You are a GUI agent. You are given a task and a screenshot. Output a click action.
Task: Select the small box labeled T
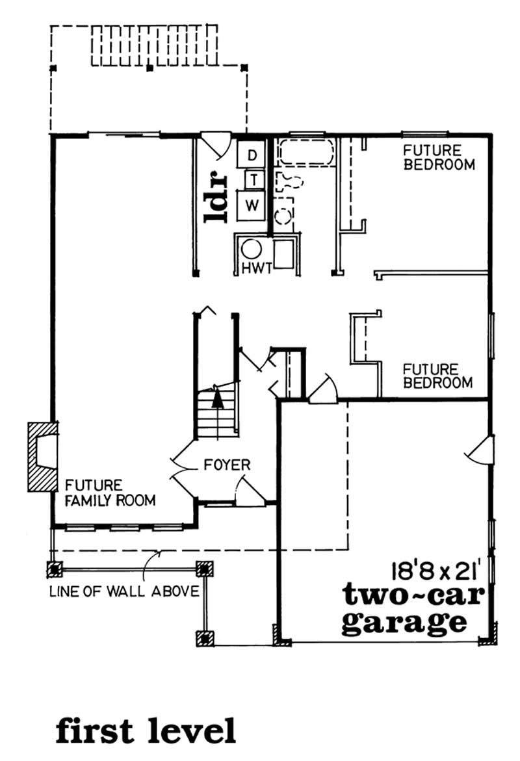coord(253,179)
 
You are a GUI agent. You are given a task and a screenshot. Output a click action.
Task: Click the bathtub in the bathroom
coord(305,152)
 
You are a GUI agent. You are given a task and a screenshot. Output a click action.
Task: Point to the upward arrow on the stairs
coord(218,396)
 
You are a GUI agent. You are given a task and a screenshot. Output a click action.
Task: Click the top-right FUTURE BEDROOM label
coord(439,158)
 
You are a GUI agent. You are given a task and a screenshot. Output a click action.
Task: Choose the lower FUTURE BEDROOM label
coord(438,376)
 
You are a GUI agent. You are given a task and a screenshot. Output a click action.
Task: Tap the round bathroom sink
coord(283,216)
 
